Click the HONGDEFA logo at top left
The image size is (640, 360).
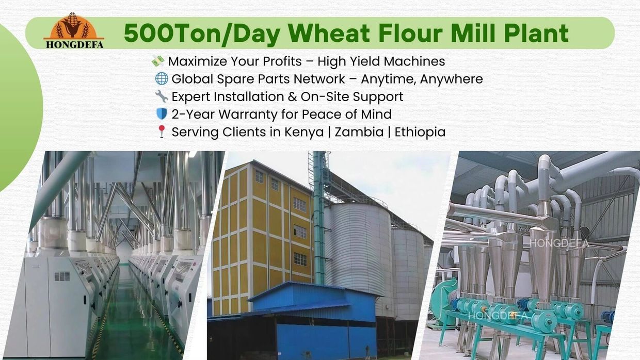click(x=74, y=31)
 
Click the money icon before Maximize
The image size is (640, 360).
click(x=158, y=61)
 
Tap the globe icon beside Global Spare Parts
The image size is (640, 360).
click(x=162, y=79)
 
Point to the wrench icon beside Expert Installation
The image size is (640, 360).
click(x=162, y=96)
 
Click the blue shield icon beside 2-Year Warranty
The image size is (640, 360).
click(x=162, y=114)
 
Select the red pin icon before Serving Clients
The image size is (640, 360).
click(x=162, y=132)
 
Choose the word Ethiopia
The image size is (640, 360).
click(x=420, y=132)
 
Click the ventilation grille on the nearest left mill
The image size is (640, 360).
click(x=62, y=276)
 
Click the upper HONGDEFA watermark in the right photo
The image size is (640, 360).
click(x=559, y=243)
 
